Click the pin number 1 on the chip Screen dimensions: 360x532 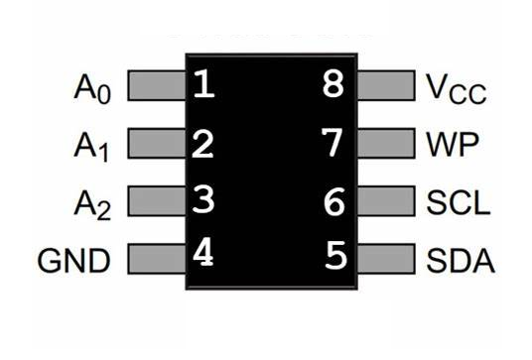(x=203, y=85)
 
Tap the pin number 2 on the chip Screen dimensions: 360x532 (x=203, y=145)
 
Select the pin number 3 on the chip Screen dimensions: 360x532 (x=203, y=201)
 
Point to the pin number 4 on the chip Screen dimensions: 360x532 (x=203, y=255)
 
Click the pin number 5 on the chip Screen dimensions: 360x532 (x=335, y=258)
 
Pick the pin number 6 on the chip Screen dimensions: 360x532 (x=334, y=203)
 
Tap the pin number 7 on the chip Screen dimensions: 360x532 (x=334, y=145)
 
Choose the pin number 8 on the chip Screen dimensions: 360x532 (x=334, y=85)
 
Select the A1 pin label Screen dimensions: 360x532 (x=93, y=147)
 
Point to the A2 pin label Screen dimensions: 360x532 (x=93, y=204)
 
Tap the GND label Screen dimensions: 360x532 (x=73, y=261)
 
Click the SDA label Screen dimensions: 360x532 (x=460, y=261)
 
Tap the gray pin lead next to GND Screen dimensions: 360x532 (x=155, y=261)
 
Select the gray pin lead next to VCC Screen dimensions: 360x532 (x=383, y=85)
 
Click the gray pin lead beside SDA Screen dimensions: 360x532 (x=383, y=261)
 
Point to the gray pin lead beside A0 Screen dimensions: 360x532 (x=155, y=85)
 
